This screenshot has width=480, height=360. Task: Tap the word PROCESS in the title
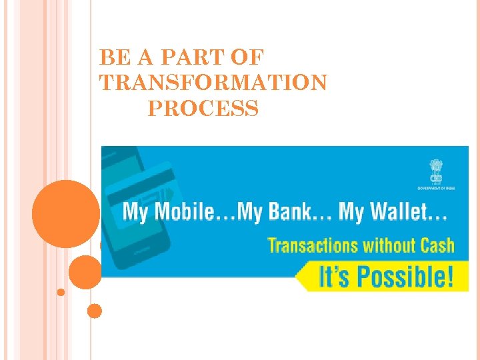(x=203, y=107)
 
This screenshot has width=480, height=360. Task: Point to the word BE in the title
(x=112, y=57)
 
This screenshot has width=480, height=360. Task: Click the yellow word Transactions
(x=313, y=245)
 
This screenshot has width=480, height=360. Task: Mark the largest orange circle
(x=66, y=214)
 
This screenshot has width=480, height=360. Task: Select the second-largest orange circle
(x=85, y=271)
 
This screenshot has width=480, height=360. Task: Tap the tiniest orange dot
(x=61, y=292)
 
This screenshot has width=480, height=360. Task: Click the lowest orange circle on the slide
(x=95, y=311)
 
